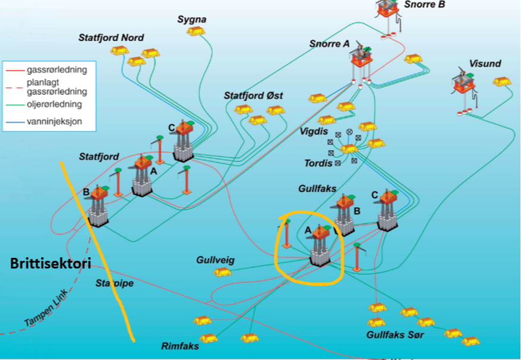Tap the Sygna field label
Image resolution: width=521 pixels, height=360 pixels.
click(191, 20)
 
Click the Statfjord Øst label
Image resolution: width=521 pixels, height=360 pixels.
click(253, 96)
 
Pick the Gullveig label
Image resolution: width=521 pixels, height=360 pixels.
click(215, 260)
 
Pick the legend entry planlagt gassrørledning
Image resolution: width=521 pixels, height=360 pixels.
click(56, 87)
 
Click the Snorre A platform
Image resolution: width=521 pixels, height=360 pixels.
click(361, 59)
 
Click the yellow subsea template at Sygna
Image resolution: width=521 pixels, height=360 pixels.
click(193, 31)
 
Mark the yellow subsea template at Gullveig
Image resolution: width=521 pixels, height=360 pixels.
click(222, 272)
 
